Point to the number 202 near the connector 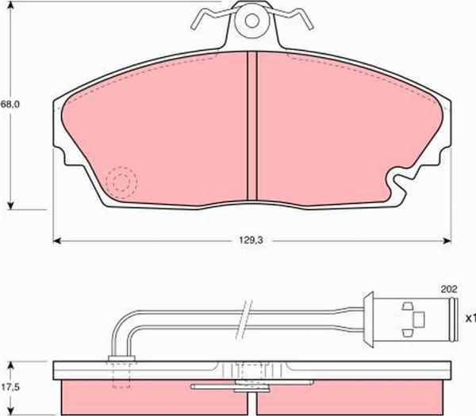pos(447,289)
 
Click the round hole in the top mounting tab pos(253,19)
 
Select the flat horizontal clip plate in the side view pos(238,387)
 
